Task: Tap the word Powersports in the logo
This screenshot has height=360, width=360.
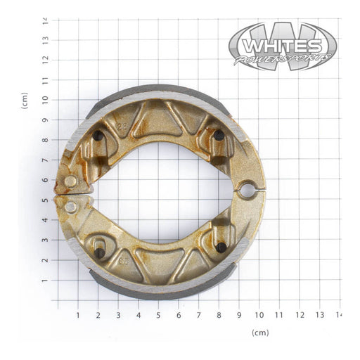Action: [281, 58]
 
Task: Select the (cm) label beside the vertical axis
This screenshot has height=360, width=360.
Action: [25, 100]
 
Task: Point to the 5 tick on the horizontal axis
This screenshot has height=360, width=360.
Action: [158, 316]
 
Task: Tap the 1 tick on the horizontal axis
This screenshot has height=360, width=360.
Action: [78, 316]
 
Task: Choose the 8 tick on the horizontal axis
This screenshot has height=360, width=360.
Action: [219, 316]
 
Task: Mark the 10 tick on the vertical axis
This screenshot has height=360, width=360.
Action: [45, 100]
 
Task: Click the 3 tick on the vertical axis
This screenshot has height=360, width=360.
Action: [45, 240]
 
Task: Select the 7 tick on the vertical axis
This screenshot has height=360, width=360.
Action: [45, 160]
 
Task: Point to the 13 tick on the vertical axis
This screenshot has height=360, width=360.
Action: [45, 40]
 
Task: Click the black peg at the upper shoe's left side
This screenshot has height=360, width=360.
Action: [98, 136]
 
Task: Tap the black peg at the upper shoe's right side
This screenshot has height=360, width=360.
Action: [219, 135]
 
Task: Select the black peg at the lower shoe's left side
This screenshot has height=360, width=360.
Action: [100, 252]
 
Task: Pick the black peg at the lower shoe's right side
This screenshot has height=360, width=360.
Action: [221, 247]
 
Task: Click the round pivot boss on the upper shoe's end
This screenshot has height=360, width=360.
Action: [70, 181]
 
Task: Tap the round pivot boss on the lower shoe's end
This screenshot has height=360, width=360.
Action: [70, 207]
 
